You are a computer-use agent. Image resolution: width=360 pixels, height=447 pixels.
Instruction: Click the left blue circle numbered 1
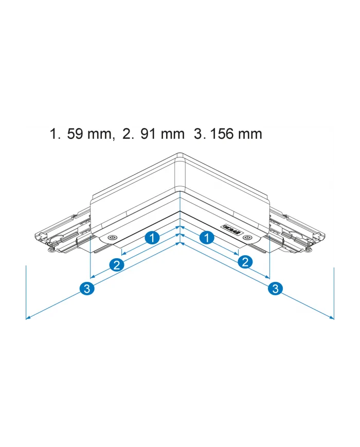point(151,238)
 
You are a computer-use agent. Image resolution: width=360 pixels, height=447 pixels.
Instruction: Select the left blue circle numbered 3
point(87,289)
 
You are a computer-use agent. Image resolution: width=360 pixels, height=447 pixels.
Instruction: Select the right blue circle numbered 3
point(275,289)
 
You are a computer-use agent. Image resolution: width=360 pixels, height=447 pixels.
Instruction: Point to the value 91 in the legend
point(149,135)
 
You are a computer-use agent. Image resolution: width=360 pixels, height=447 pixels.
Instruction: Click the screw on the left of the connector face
point(111,238)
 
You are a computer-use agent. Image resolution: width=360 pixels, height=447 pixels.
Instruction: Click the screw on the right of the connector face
point(248,237)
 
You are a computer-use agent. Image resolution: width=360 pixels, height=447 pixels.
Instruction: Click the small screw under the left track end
point(51,250)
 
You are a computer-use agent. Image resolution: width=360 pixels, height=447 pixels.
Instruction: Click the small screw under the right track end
point(308,250)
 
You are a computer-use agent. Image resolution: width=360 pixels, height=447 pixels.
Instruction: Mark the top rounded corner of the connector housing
point(179,154)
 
